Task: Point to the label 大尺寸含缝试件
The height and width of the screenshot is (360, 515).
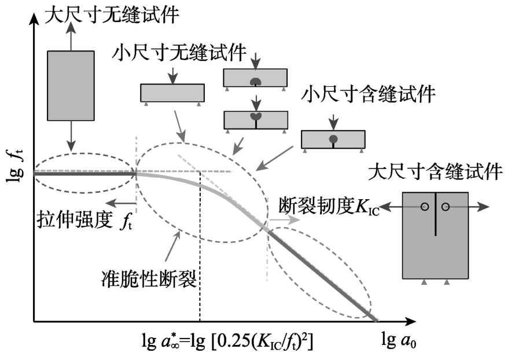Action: [436, 172]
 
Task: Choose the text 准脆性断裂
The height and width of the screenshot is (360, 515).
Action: [149, 278]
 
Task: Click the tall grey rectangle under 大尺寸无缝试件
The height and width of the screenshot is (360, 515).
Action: [71, 86]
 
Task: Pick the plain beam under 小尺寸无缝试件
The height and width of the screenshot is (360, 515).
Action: [172, 93]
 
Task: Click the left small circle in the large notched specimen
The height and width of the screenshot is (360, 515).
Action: [425, 206]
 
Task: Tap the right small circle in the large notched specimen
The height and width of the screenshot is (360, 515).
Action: [445, 206]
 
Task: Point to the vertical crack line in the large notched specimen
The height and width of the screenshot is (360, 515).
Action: [435, 214]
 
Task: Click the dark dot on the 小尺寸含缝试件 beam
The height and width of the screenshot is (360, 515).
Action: [333, 139]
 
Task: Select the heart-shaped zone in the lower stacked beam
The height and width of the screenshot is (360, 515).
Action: [255, 117]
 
